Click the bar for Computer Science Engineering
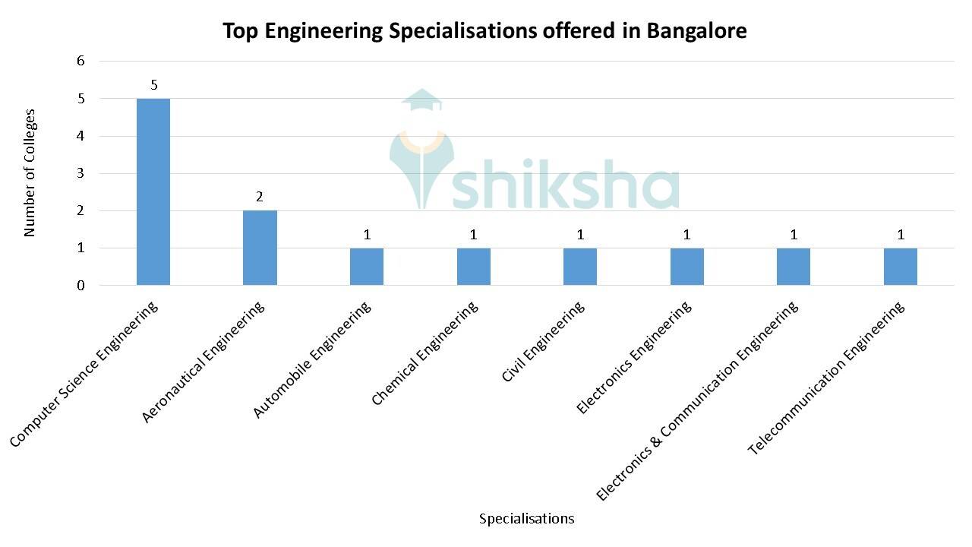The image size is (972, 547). pos(153,191)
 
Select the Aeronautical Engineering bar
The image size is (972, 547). pos(260,248)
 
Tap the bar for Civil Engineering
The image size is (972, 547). pos(580,266)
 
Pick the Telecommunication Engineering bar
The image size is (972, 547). pos(900,266)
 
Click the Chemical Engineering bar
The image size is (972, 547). pos(473,266)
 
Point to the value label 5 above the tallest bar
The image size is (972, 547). pos(154,85)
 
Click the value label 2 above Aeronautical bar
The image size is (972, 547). pos(260,197)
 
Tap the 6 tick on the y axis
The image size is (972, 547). pos(80,61)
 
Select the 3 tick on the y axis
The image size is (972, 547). pos(80,173)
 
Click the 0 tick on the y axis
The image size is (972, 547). pos(80,286)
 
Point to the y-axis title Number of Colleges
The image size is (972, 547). pos(30,173)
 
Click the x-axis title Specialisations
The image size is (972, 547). pos(526,519)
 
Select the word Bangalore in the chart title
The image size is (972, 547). pos(696,31)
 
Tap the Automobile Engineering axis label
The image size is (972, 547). pos(313,359)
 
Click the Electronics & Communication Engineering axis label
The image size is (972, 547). pos(697,400)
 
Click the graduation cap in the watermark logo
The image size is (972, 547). pos(421,101)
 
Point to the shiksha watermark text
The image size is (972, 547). pos(566,186)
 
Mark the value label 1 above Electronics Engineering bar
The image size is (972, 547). pos(687,235)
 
